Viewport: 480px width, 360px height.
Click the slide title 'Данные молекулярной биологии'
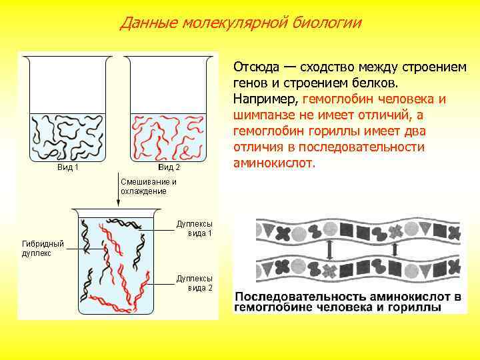(x=241, y=23)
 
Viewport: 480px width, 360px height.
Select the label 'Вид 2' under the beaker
(x=169, y=167)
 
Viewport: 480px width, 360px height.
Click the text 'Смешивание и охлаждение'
(x=148, y=186)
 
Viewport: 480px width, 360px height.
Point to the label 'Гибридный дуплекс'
(x=43, y=249)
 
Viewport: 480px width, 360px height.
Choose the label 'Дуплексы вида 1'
(x=195, y=229)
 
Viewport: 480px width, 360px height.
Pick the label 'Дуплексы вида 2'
(x=195, y=283)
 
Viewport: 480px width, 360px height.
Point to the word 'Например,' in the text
(x=265, y=99)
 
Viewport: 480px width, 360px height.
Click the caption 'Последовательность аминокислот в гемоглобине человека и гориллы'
(x=347, y=301)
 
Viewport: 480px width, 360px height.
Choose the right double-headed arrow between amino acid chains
(x=396, y=251)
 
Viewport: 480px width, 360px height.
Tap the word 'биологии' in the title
(x=329, y=23)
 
